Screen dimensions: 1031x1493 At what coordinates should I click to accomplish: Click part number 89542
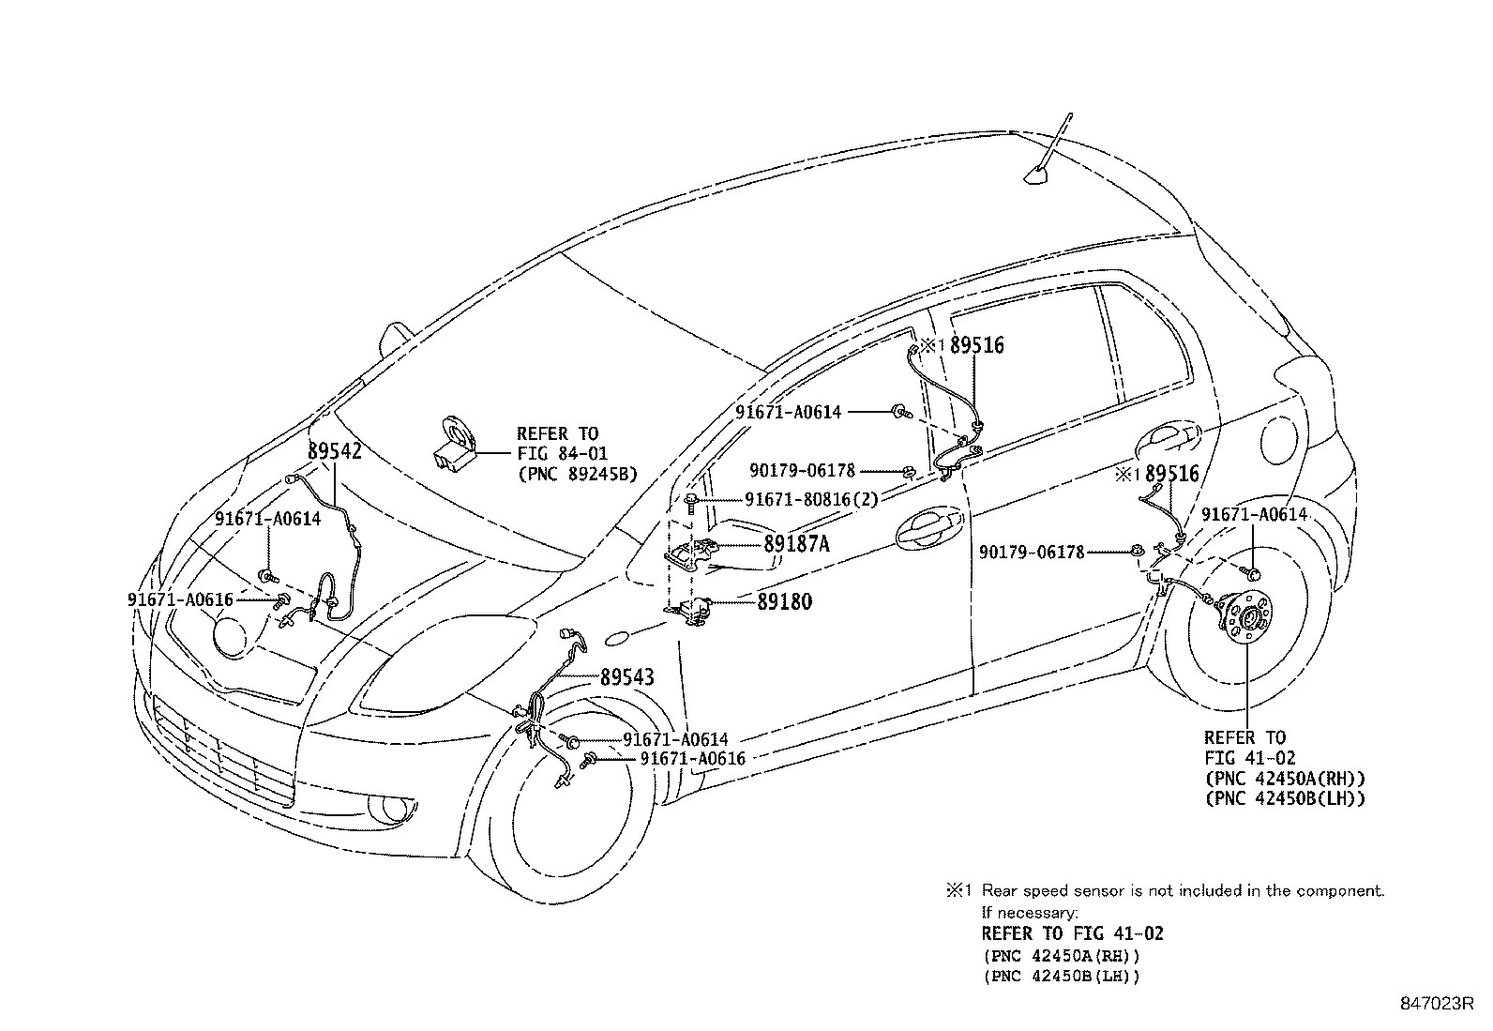point(334,451)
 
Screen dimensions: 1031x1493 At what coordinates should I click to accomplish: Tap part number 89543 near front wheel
point(626,676)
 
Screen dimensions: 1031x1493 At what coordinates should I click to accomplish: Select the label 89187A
point(795,544)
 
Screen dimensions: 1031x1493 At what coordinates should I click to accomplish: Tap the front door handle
point(926,531)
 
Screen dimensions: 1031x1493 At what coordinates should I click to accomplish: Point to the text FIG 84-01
point(563,454)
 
